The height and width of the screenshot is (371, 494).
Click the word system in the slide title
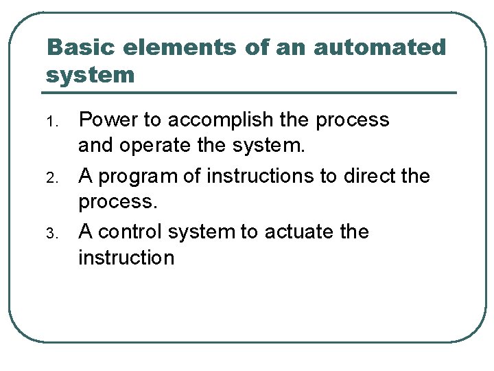tap(91, 74)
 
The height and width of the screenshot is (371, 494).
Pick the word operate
tap(147, 146)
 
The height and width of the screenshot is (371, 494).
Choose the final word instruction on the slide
tap(126, 258)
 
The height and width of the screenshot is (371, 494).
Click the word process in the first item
tap(352, 121)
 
